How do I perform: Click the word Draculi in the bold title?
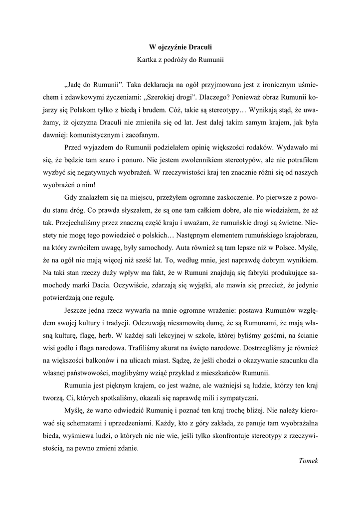[x=199, y=47]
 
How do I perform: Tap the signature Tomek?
[x=308, y=461]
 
